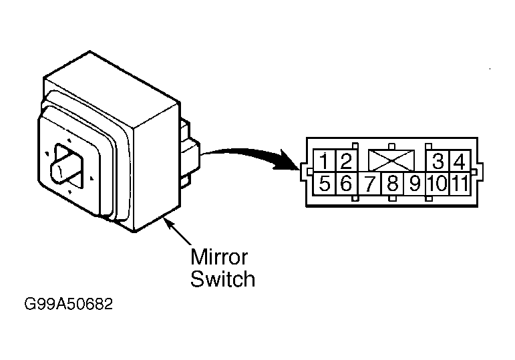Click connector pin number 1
[x=324, y=161]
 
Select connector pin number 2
[x=346, y=161]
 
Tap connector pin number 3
[x=438, y=161]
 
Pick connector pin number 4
[x=460, y=161]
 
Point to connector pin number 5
[x=324, y=183]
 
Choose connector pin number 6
[x=346, y=183]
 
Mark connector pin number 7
[x=369, y=183]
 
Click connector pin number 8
[x=392, y=183]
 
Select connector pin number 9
[x=415, y=183]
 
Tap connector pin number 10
[x=437, y=183]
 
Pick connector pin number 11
[x=460, y=183]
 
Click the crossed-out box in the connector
[x=391, y=160]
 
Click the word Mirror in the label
[x=219, y=257]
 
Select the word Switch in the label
[x=222, y=279]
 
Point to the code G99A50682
[x=69, y=304]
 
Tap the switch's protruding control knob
[x=65, y=168]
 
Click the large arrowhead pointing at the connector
[x=287, y=160]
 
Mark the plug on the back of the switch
[x=189, y=154]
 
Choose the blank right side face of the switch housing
[x=157, y=166]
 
